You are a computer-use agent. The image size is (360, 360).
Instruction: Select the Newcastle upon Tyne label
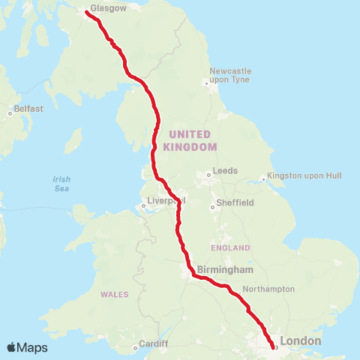[x=230, y=75]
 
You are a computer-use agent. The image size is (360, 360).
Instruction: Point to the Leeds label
[x=225, y=171]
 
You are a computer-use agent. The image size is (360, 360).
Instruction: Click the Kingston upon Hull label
[x=305, y=175]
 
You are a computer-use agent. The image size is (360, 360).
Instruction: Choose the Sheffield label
[x=234, y=202]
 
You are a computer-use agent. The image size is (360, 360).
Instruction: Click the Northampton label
[x=268, y=289]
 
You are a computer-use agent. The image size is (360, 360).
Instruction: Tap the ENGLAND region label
[x=231, y=247]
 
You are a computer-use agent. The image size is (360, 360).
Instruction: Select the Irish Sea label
[x=61, y=184]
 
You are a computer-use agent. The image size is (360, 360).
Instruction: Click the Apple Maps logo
[x=27, y=347]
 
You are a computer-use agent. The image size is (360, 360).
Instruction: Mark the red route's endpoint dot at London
[x=272, y=346]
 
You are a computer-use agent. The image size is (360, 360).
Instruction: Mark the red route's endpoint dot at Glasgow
[x=88, y=13]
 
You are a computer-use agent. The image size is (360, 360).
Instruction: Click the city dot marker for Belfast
[x=10, y=113]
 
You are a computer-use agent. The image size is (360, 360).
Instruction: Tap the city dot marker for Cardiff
[x=136, y=347]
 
